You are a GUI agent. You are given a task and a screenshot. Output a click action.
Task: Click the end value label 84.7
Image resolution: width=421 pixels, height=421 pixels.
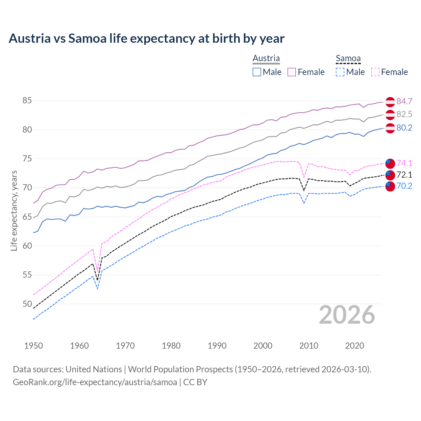click(x=404, y=101)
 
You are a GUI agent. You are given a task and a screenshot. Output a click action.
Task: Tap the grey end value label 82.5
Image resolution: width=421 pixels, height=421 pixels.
click(x=404, y=114)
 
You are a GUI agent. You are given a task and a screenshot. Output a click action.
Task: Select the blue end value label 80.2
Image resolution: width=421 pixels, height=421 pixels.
click(x=404, y=128)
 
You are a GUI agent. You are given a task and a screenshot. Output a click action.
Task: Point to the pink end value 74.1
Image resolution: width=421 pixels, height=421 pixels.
click(x=404, y=163)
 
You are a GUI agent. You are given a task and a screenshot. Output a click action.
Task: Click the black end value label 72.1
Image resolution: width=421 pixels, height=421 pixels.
click(x=404, y=175)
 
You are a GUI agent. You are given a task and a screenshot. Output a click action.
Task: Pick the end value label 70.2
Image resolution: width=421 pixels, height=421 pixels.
click(x=404, y=186)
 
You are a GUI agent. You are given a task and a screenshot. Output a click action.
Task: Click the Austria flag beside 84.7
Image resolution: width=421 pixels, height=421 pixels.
click(x=390, y=102)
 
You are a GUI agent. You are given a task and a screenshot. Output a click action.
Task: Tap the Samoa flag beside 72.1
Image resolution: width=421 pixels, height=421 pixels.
click(x=390, y=175)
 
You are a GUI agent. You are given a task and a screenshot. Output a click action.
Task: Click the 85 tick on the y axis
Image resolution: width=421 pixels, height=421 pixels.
click(x=27, y=101)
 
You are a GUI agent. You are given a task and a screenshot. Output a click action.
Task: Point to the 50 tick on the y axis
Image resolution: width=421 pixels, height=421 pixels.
click(x=27, y=304)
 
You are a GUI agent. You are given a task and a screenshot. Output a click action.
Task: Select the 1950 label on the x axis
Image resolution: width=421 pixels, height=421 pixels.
click(x=34, y=346)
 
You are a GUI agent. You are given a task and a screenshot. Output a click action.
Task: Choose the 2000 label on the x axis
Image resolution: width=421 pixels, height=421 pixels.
click(x=263, y=346)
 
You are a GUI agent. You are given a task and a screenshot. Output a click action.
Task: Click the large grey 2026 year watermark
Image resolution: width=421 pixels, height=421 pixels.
click(x=347, y=315)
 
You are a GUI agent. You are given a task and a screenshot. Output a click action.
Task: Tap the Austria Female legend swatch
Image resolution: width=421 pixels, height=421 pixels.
click(x=292, y=72)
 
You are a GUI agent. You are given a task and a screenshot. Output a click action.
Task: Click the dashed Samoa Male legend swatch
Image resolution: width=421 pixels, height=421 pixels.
click(x=340, y=72)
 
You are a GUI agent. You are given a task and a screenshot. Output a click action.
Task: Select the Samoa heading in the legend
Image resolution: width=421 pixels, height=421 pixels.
click(x=348, y=59)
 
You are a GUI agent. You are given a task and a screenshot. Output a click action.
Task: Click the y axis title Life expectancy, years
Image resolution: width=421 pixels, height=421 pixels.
click(x=14, y=210)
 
